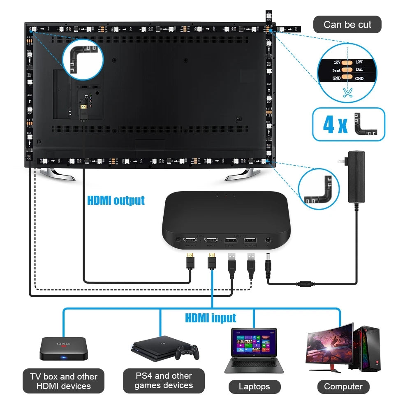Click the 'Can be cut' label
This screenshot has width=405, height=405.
347,25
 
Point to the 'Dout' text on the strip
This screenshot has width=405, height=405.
336,70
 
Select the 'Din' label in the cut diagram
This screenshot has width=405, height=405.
359,70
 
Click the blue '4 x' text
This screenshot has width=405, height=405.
335,125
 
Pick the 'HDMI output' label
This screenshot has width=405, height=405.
116,201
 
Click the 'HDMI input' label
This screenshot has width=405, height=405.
211,318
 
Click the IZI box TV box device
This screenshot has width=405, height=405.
63,349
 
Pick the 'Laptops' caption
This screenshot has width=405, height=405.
254,386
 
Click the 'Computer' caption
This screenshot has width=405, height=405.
343,386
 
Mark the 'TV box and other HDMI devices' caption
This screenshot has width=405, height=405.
63,381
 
